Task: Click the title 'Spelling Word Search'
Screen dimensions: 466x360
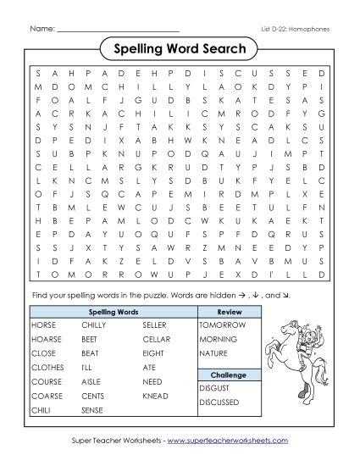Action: click(180, 48)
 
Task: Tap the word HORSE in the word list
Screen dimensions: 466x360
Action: click(43, 325)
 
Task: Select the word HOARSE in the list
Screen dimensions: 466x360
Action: click(46, 339)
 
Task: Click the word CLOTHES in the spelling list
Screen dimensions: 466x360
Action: click(47, 367)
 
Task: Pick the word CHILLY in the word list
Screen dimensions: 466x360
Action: click(94, 325)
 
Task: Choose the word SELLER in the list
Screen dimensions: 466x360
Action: click(155, 325)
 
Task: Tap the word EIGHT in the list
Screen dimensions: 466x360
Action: click(152, 352)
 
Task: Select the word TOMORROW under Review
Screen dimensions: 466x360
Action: click(220, 325)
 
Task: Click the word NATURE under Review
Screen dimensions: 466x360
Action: click(214, 352)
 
